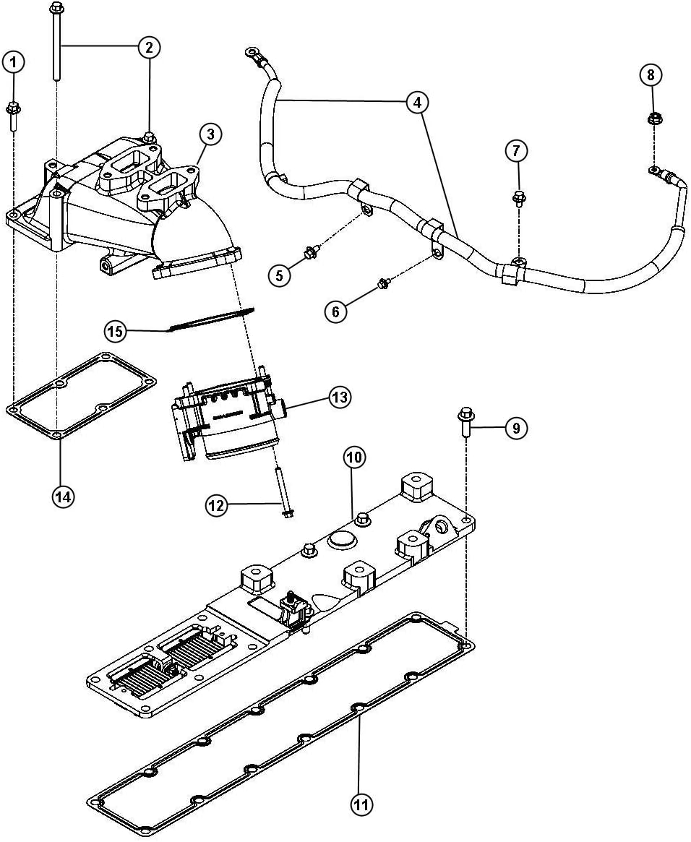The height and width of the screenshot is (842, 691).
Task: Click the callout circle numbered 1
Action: [13, 62]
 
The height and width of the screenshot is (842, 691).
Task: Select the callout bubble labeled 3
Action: [210, 134]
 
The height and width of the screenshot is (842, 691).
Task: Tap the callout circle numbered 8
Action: [651, 74]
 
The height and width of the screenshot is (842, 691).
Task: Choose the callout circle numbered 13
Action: [339, 397]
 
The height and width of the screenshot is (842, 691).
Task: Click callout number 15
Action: [116, 332]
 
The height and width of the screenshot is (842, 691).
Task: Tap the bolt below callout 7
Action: [518, 197]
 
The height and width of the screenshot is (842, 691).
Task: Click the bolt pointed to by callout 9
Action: [465, 424]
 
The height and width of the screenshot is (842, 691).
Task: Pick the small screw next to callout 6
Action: [384, 283]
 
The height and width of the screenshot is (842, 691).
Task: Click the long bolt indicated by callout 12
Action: [282, 491]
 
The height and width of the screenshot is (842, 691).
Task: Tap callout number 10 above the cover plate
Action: [354, 457]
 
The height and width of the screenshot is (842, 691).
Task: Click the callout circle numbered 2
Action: [148, 48]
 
